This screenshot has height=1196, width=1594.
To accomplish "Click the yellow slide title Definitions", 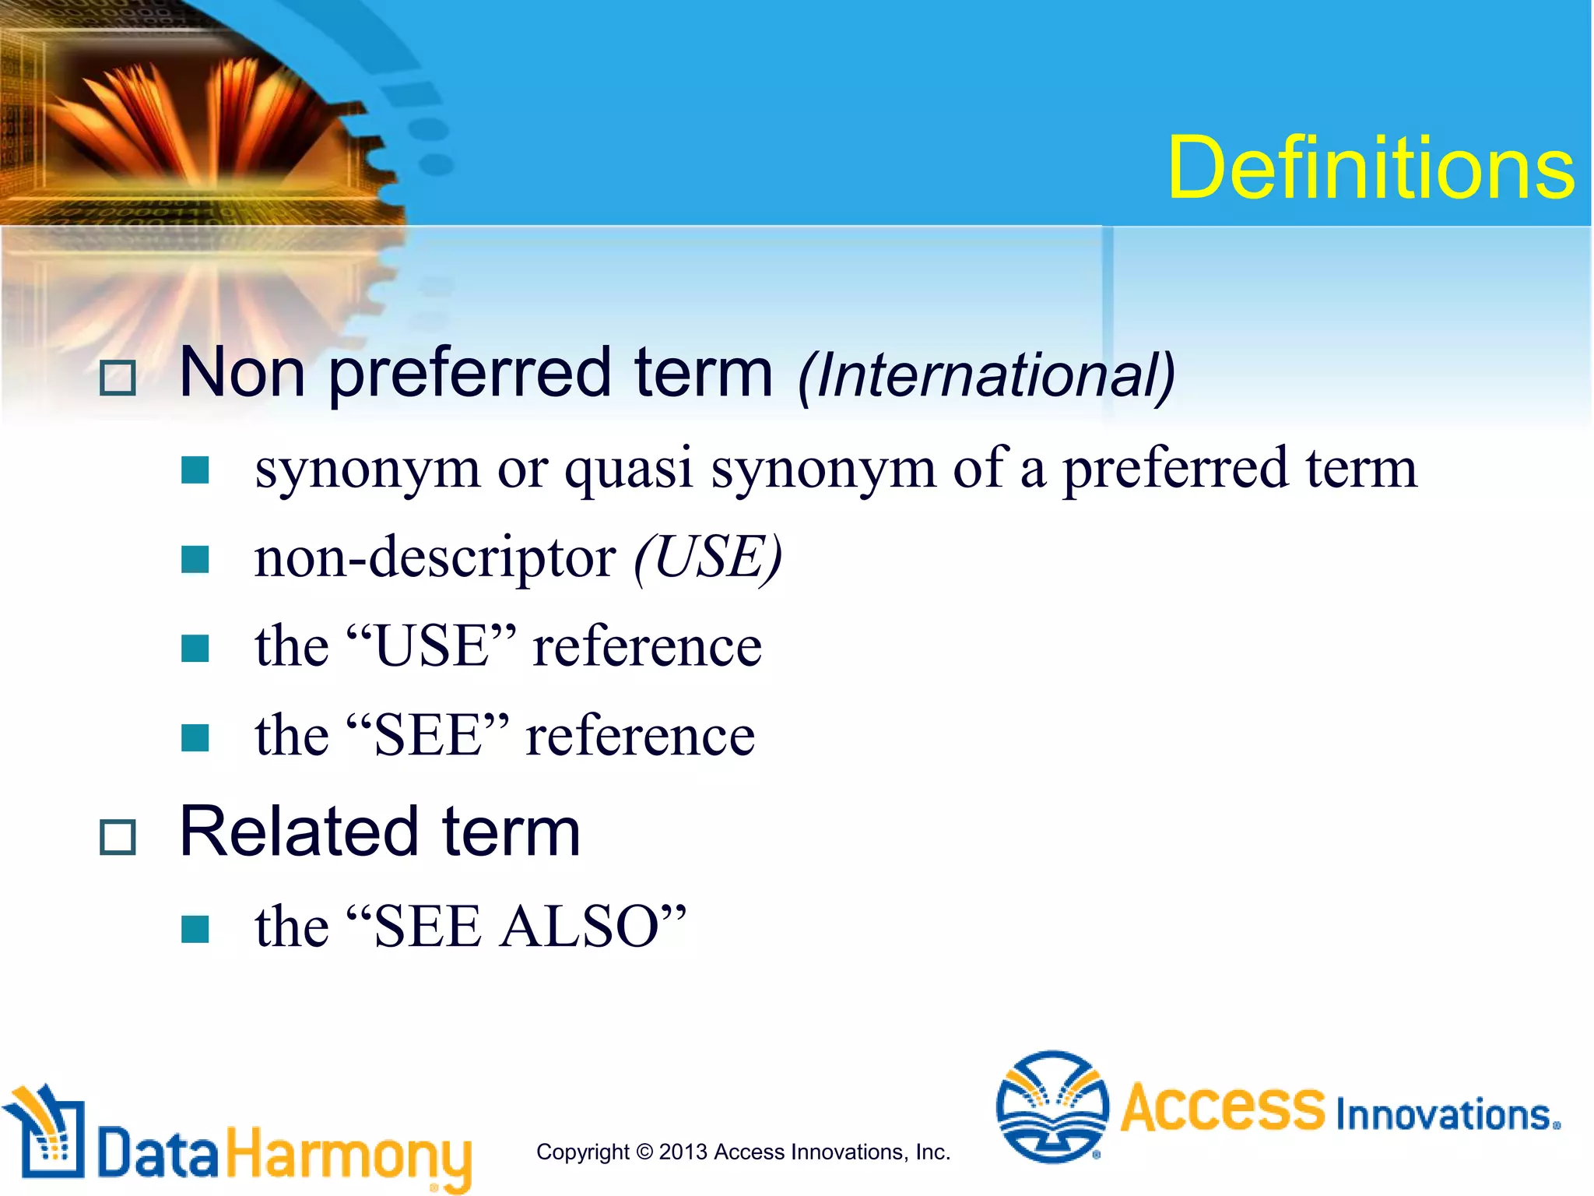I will [x=1370, y=167].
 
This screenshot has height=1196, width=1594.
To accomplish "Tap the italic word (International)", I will [x=986, y=375].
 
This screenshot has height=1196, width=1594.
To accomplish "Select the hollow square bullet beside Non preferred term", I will [x=118, y=378].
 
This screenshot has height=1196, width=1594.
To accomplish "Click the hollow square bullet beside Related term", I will [x=118, y=838].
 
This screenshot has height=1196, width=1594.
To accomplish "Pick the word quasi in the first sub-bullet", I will [x=628, y=469].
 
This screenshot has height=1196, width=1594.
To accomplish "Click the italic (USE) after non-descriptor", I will [x=707, y=558].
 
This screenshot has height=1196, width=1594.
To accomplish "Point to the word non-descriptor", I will [x=435, y=558].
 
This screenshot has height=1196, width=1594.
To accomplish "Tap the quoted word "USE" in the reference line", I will [x=431, y=646].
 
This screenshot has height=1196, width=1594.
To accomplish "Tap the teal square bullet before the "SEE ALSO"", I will [x=195, y=928].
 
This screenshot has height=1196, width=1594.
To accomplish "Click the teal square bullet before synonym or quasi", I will [x=195, y=470].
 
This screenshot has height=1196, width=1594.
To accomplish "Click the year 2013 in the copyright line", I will [x=683, y=1152].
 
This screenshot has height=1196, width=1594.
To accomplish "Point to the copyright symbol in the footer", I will [x=644, y=1152].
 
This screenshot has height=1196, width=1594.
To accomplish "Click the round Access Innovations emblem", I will [x=1052, y=1106].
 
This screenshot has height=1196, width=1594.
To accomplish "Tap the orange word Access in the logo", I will [x=1222, y=1106].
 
